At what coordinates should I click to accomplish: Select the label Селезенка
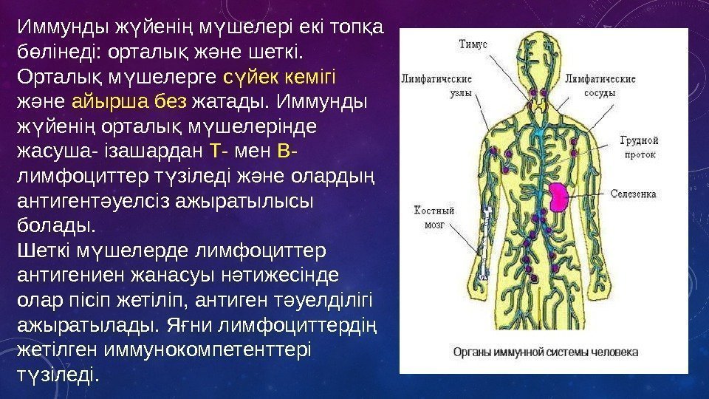pos(634,194)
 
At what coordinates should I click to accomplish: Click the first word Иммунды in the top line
pos(62,27)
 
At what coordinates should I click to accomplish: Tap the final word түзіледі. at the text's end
pos(56,375)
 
